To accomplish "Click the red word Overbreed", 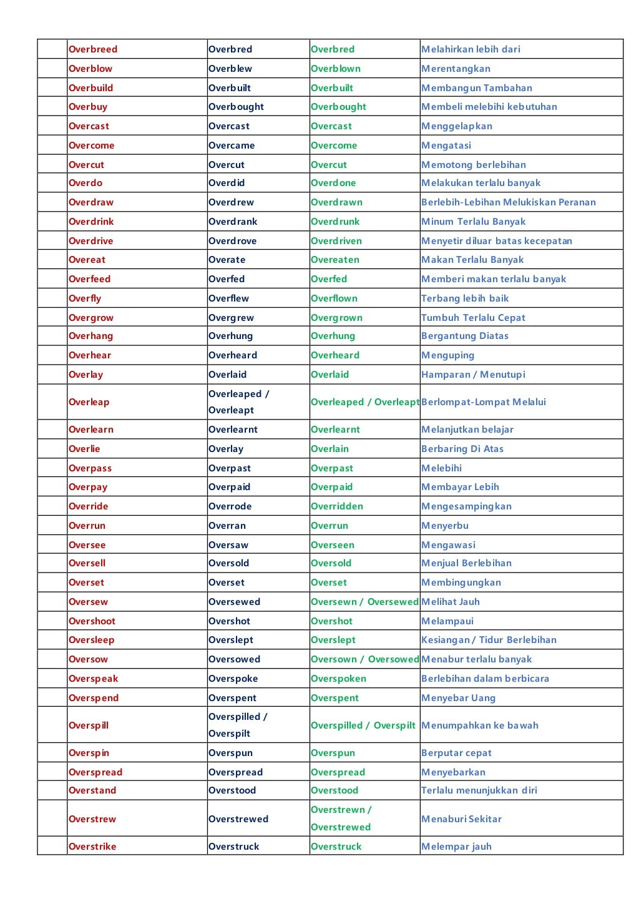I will tap(93, 49).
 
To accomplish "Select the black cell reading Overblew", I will tap(230, 69).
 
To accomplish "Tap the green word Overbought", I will tap(338, 107).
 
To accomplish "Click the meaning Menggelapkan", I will tap(457, 126).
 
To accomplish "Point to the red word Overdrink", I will tap(91, 222).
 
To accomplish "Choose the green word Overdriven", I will tap(336, 241).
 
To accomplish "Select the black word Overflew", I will tap(228, 298).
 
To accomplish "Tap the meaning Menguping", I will tap(447, 355).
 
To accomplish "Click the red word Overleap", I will tap(89, 402).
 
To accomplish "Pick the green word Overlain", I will tap(329, 449).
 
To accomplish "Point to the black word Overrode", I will tap(230, 506).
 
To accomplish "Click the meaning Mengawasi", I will tap(448, 545).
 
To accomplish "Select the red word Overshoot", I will tap(92, 621).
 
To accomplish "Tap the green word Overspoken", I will tap(338, 679).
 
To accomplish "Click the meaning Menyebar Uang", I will tap(458, 698).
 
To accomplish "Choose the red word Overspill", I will tap(89, 725).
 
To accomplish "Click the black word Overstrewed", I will tap(238, 819).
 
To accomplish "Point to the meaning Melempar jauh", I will tap(456, 847).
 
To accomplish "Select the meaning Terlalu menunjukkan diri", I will tap(479, 790).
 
